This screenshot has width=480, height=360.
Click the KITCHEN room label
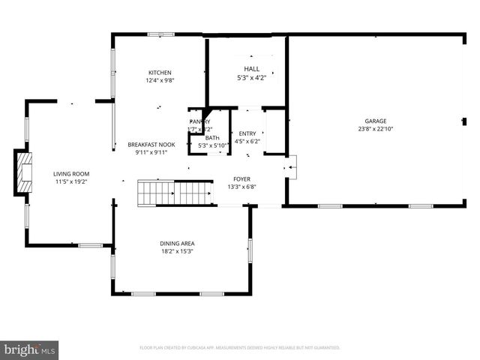click(159, 72)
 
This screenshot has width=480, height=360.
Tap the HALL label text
click(251, 68)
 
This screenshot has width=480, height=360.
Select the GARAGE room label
click(376, 121)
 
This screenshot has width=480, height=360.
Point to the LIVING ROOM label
click(71, 174)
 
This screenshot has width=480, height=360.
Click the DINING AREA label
click(178, 243)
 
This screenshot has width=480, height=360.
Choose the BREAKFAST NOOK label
click(151, 144)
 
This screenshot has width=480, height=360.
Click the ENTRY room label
click(247, 133)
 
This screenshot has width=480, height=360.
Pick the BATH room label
click(213, 137)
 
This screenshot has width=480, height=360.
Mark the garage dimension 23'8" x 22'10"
click(376, 128)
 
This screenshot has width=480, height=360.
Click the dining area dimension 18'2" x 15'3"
click(178, 250)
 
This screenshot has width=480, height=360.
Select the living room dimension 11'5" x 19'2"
click(71, 181)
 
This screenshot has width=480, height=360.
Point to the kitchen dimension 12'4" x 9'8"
click(159, 80)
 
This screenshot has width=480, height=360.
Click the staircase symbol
click(175, 193)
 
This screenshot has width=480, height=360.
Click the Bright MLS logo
click(30, 349)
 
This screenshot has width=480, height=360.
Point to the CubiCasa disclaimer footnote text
click(240, 347)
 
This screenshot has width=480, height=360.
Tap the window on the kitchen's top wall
click(160, 34)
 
